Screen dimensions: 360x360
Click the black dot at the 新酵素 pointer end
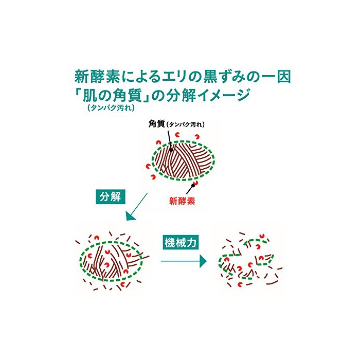pos(194,184)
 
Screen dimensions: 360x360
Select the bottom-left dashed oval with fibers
pos(109,260)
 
